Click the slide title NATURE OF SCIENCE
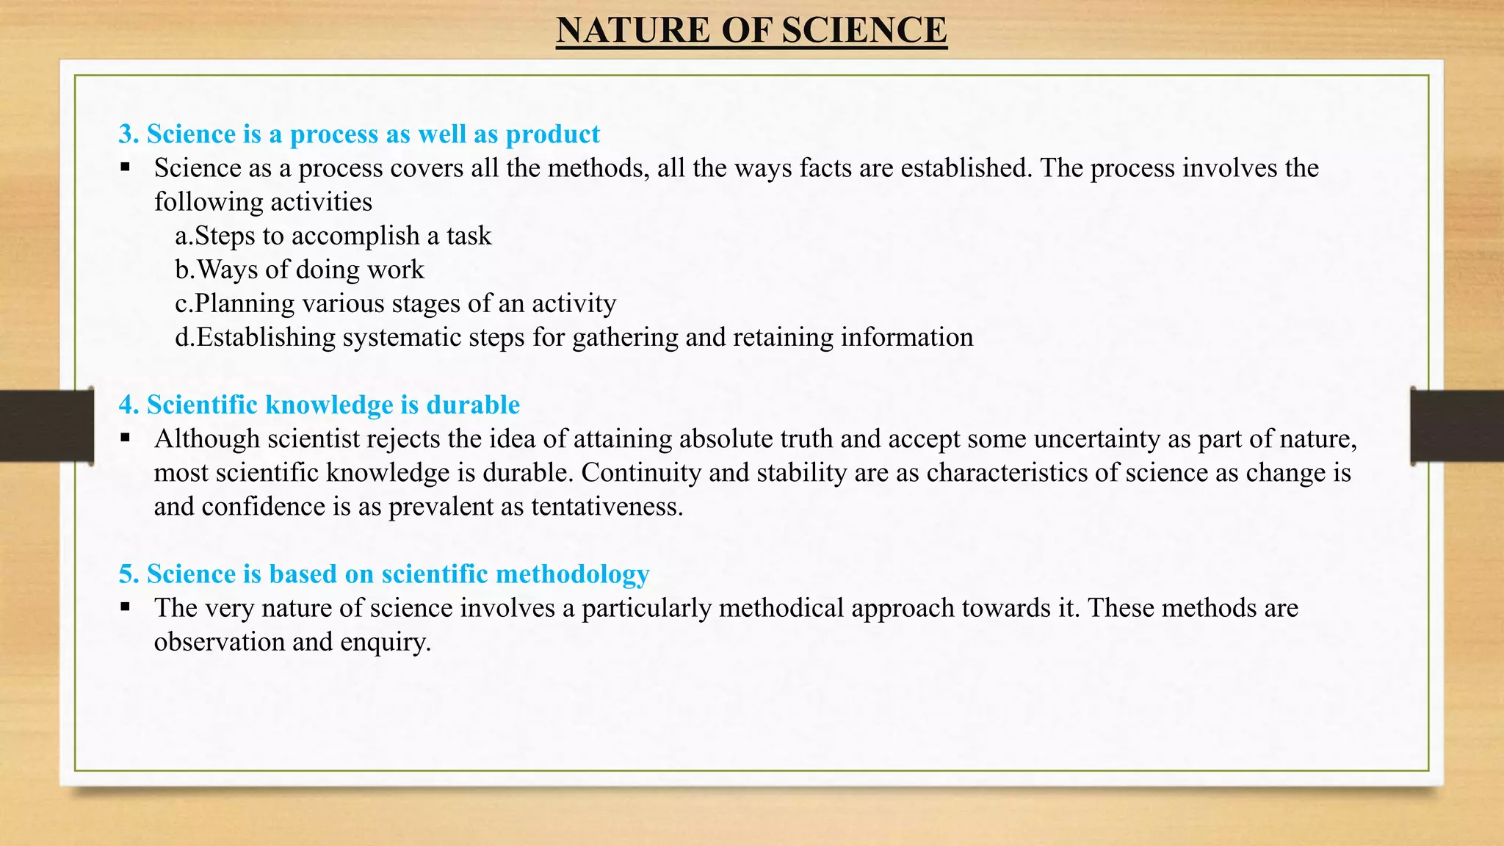pyautogui.click(x=751, y=31)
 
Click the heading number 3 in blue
pyautogui.click(x=128, y=134)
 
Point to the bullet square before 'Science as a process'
pyautogui.click(x=126, y=167)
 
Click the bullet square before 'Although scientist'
pyautogui.click(x=126, y=438)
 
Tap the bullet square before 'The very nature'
pyautogui.click(x=126, y=607)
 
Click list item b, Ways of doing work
pyautogui.click(x=300, y=270)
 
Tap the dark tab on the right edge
pyautogui.click(x=1457, y=426)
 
